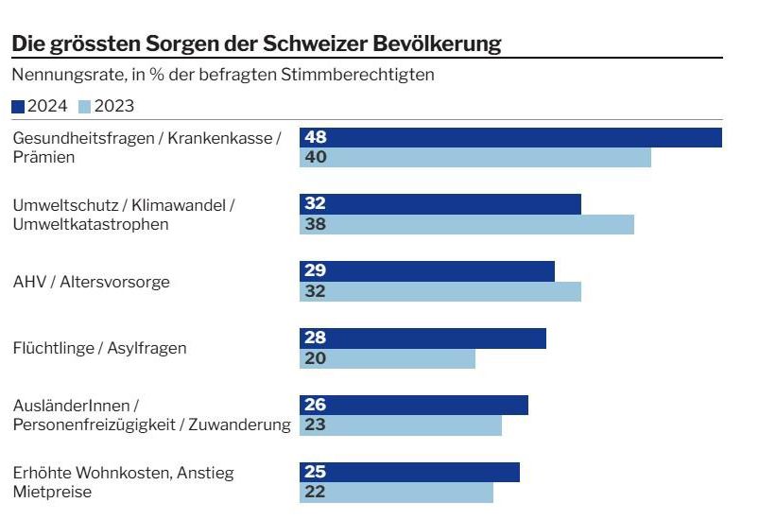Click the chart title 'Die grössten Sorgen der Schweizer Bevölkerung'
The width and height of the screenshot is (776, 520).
click(x=255, y=43)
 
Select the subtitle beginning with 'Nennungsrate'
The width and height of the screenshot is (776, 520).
click(x=222, y=75)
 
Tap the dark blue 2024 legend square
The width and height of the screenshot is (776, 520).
click(x=18, y=107)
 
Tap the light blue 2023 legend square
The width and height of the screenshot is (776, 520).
click(x=85, y=107)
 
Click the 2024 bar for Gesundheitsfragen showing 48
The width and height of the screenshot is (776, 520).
click(x=510, y=138)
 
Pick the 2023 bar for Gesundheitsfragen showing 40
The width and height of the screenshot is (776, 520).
click(x=475, y=158)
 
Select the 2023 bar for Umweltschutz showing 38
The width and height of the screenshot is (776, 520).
click(x=467, y=225)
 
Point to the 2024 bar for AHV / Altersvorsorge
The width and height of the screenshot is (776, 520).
click(x=427, y=271)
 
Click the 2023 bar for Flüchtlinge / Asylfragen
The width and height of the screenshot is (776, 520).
click(x=388, y=358)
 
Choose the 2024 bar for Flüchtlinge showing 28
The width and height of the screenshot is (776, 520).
click(x=422, y=338)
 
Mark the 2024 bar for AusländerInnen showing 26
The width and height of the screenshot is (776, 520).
click(x=414, y=406)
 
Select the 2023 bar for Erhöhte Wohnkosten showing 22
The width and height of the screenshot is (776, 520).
click(x=396, y=493)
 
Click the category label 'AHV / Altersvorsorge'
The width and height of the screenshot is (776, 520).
click(x=92, y=282)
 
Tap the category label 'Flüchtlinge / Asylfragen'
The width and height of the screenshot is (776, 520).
click(x=99, y=348)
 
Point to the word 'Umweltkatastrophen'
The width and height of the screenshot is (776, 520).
click(x=91, y=224)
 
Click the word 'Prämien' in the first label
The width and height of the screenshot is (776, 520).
click(x=43, y=157)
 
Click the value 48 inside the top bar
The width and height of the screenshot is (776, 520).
click(x=315, y=138)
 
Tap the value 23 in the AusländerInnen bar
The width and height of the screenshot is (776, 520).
click(x=315, y=425)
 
